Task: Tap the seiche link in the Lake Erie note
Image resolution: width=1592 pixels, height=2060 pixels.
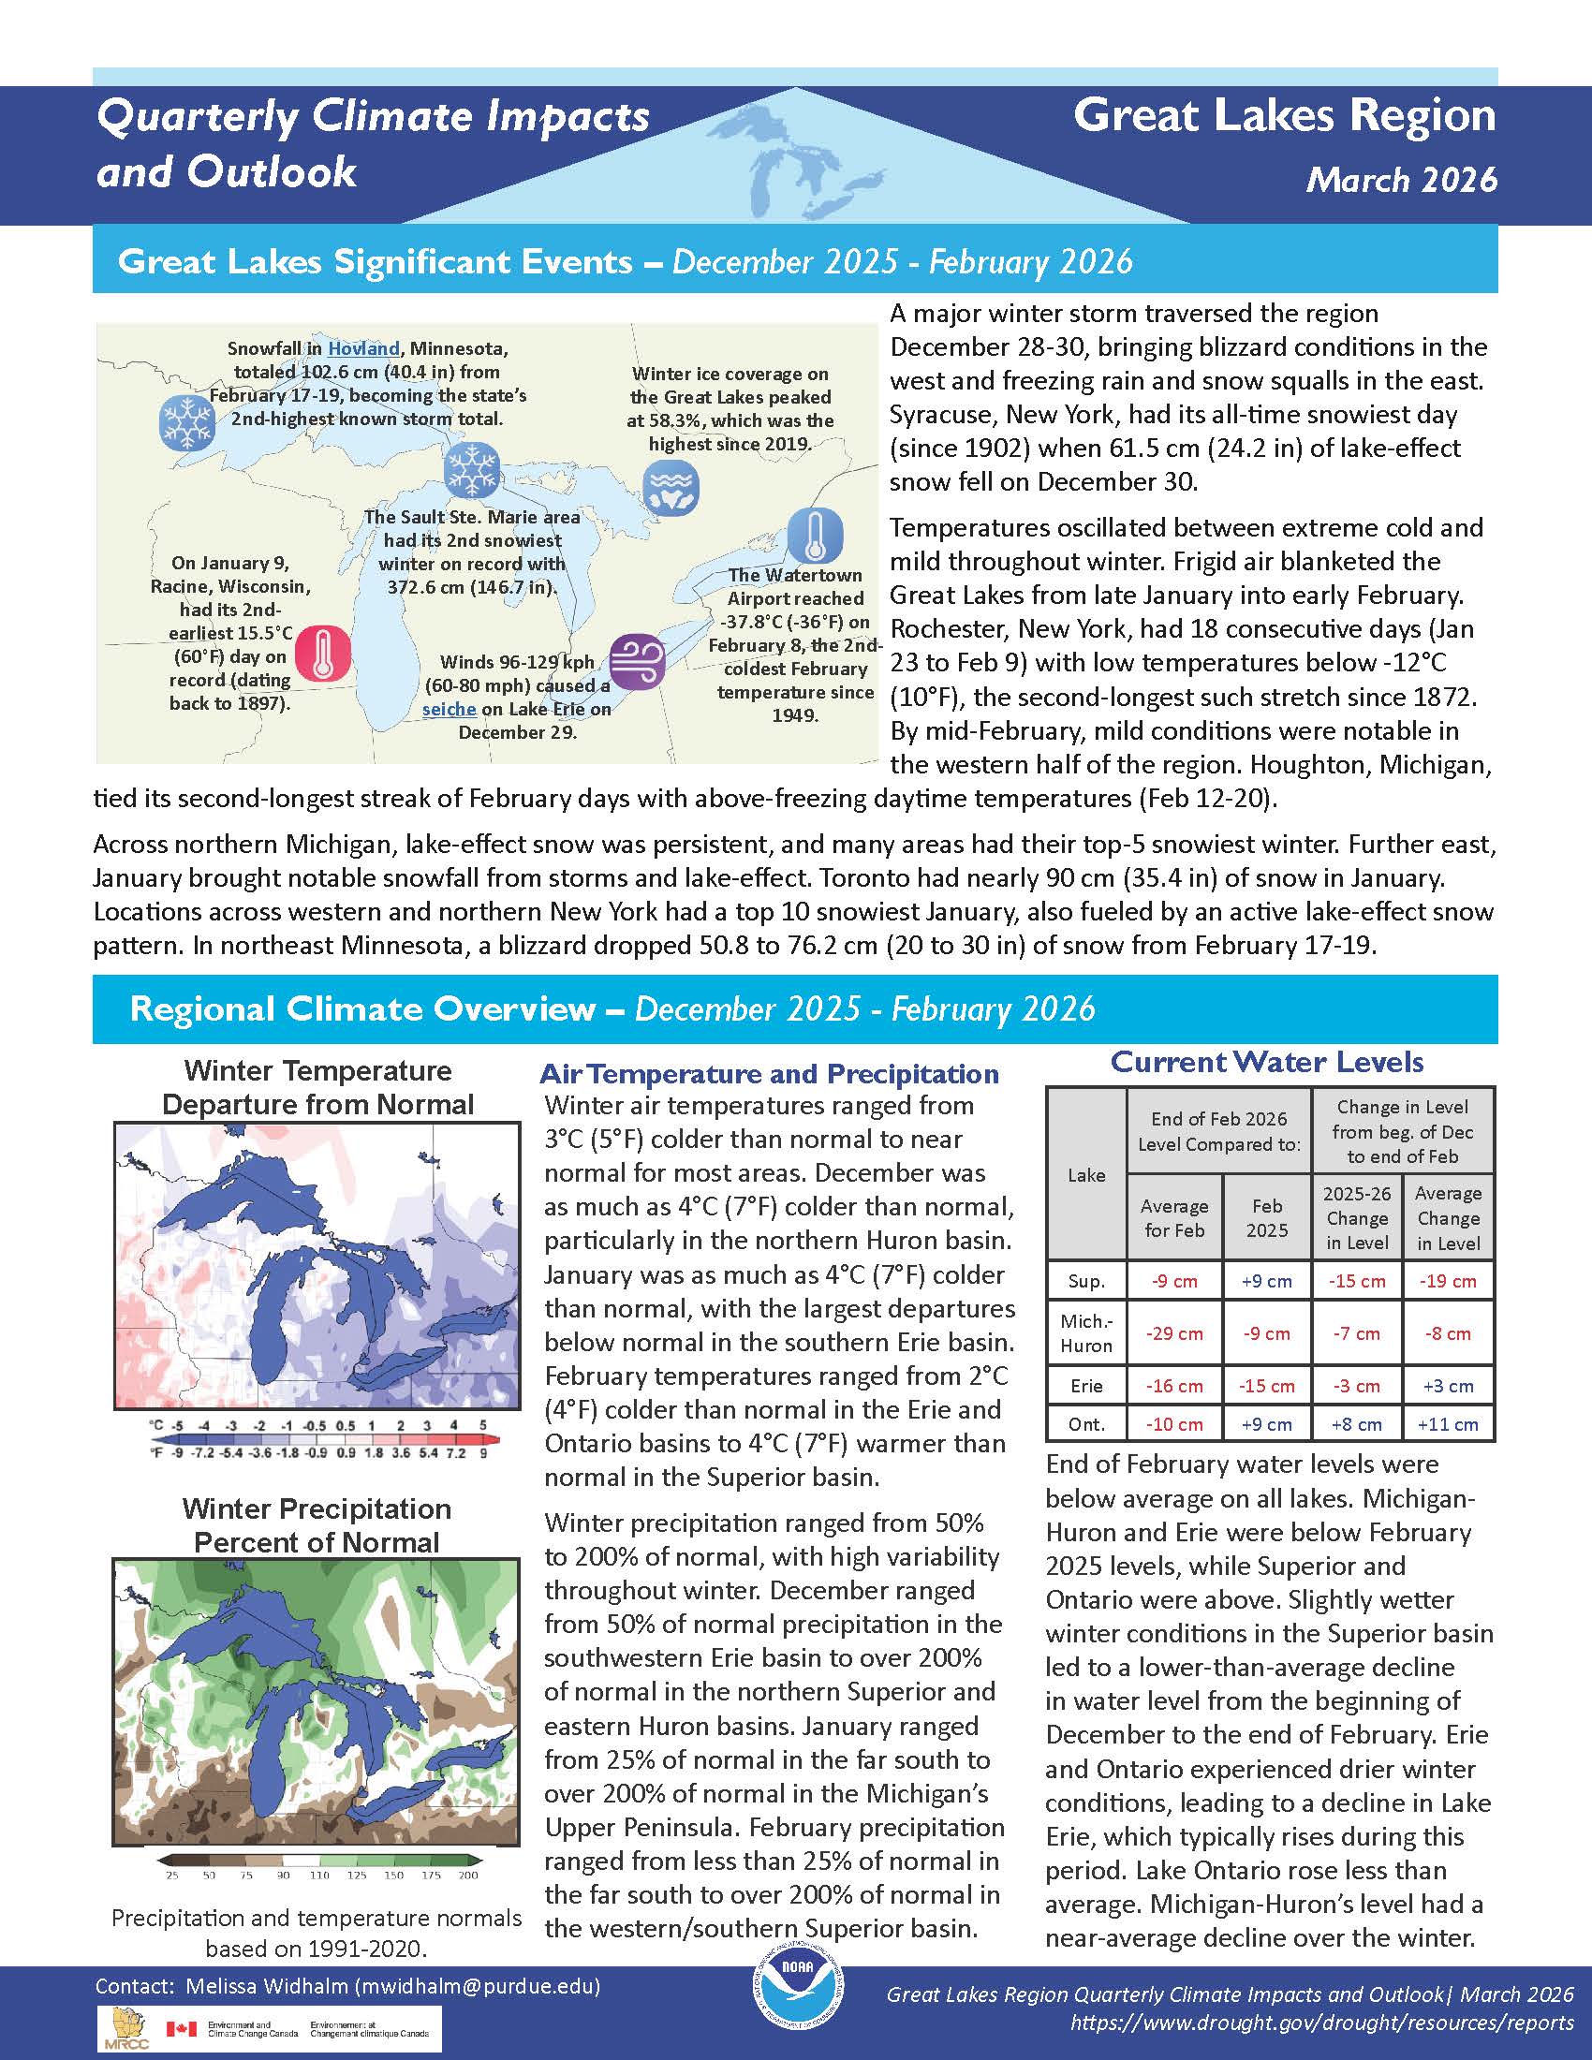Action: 449,709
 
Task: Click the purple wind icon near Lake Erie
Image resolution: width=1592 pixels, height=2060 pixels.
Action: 637,661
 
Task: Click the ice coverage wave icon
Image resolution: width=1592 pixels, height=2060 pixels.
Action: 671,487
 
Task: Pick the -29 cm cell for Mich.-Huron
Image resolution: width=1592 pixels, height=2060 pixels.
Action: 1173,1333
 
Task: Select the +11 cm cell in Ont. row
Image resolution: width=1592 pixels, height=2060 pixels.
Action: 1447,1424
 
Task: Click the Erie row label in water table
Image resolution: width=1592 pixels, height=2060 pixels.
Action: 1086,1386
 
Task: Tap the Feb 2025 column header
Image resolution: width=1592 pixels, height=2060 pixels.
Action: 1266,1217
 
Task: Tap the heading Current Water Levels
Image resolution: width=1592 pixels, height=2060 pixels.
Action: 1267,1062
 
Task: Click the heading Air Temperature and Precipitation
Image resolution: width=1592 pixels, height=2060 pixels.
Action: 769,1073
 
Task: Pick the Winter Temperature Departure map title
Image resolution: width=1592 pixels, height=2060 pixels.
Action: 317,1087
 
